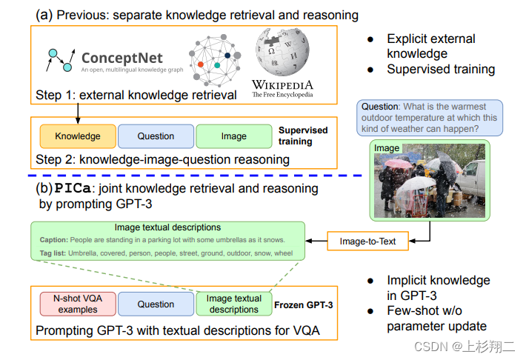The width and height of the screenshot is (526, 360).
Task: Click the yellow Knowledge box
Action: [x=78, y=136]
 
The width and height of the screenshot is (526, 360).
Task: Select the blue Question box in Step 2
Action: [x=156, y=136]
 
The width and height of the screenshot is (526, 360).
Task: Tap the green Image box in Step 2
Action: [x=234, y=136]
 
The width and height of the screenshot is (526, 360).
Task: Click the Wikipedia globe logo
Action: [x=282, y=53]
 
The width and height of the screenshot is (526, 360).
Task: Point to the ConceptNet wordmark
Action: [x=121, y=59]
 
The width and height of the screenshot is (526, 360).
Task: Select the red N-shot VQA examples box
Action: [x=78, y=304]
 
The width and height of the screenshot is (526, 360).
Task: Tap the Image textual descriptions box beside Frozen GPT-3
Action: [x=234, y=304]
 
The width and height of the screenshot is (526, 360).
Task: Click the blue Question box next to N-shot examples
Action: [x=156, y=304]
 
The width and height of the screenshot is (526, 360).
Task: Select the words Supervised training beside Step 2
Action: [x=303, y=136]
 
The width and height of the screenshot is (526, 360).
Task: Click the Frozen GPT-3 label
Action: [x=304, y=304]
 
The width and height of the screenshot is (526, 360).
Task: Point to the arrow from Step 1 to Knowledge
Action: [x=77, y=113]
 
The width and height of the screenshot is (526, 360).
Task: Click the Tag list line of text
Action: [x=166, y=253]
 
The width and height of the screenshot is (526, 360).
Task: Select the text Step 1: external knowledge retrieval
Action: [x=136, y=95]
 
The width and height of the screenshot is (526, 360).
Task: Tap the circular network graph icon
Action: [x=216, y=63]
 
